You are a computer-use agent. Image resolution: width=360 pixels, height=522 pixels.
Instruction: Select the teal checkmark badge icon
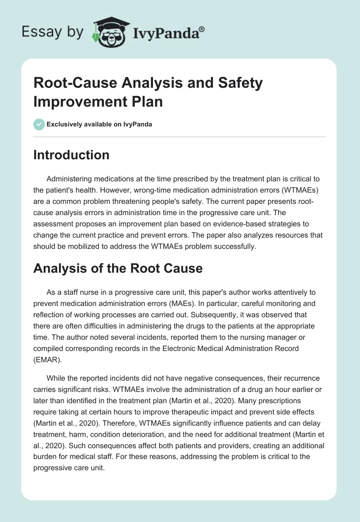39,124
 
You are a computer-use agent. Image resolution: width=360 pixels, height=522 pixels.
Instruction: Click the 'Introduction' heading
72,155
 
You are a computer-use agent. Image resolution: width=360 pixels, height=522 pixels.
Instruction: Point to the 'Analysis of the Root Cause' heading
118,269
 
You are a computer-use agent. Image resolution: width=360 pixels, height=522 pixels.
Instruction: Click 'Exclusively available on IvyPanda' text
99,125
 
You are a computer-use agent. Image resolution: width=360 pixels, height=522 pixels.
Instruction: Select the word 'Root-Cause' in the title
68,83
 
